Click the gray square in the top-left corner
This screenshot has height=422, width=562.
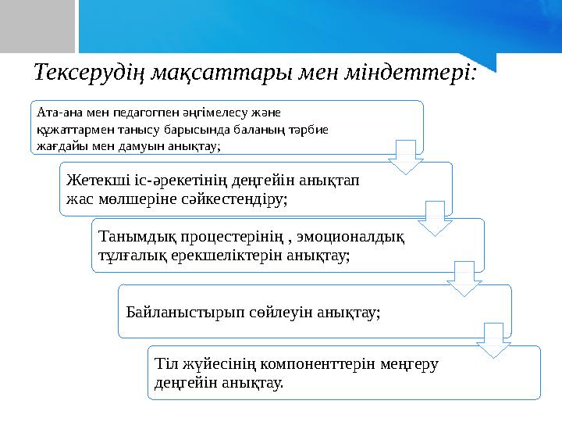point(37,25)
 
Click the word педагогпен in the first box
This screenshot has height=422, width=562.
point(134,113)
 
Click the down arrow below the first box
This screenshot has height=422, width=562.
point(406,157)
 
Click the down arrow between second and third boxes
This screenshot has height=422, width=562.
point(434,217)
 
